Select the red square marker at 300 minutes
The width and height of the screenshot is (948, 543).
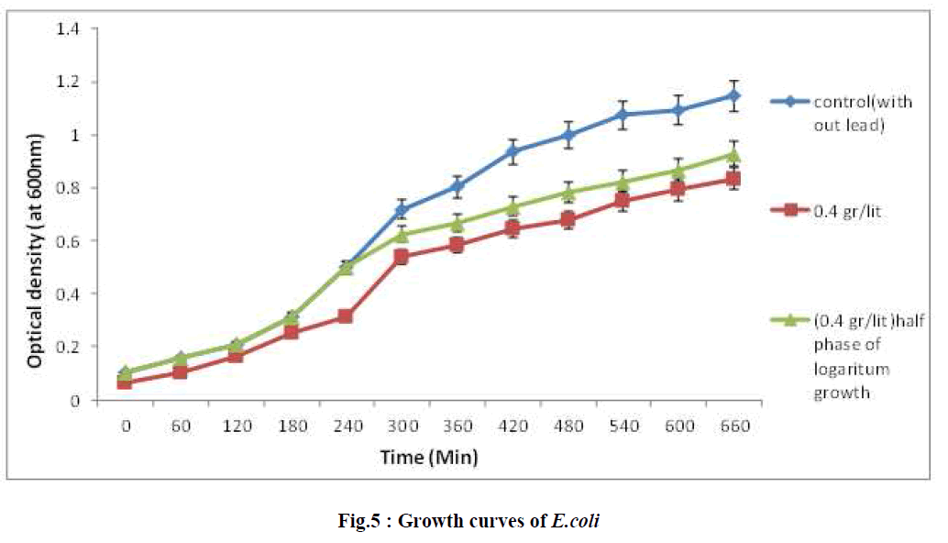coord(401,256)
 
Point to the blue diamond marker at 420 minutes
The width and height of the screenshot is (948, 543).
coord(513,151)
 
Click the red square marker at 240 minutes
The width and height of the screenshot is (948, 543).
coord(346,316)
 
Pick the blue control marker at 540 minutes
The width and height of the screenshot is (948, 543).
coord(623,115)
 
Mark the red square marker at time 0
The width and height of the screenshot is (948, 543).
coord(125,382)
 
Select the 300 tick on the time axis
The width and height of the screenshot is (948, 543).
coord(401,427)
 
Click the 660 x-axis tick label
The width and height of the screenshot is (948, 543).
coord(735,427)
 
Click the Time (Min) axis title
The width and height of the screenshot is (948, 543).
coord(431,456)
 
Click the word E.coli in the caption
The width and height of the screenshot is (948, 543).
coord(576,520)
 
